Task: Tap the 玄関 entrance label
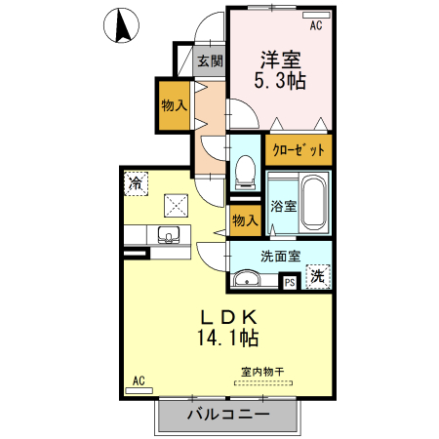(x=210, y=61)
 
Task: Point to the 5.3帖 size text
(x=280, y=82)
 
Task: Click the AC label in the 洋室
(x=315, y=16)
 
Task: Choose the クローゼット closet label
(x=299, y=151)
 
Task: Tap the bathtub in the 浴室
(x=313, y=202)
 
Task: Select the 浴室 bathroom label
(x=283, y=207)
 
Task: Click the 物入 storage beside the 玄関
(x=174, y=105)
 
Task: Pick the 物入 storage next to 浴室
(x=244, y=219)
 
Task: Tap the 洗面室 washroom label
(x=280, y=257)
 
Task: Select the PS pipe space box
(x=290, y=283)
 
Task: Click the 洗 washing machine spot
(x=317, y=277)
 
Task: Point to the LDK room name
(x=229, y=317)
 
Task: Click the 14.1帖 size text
(x=229, y=339)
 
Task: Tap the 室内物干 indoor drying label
(x=261, y=372)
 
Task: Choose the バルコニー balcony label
(x=227, y=415)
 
